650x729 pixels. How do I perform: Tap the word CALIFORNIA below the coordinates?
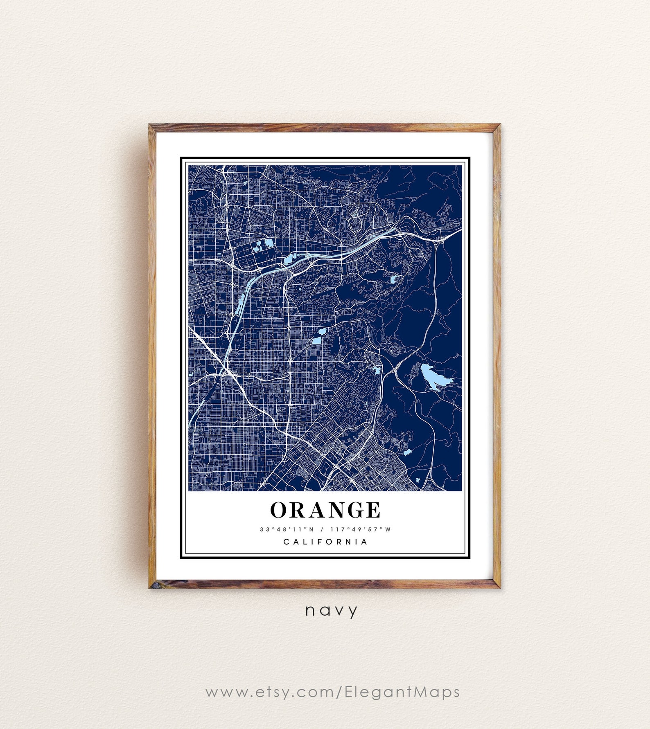(x=325, y=542)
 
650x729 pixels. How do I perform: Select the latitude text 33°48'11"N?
(x=287, y=529)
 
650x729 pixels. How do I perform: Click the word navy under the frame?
(x=331, y=611)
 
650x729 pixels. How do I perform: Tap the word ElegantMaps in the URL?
(x=402, y=692)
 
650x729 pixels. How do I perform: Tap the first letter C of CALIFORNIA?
(x=286, y=542)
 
